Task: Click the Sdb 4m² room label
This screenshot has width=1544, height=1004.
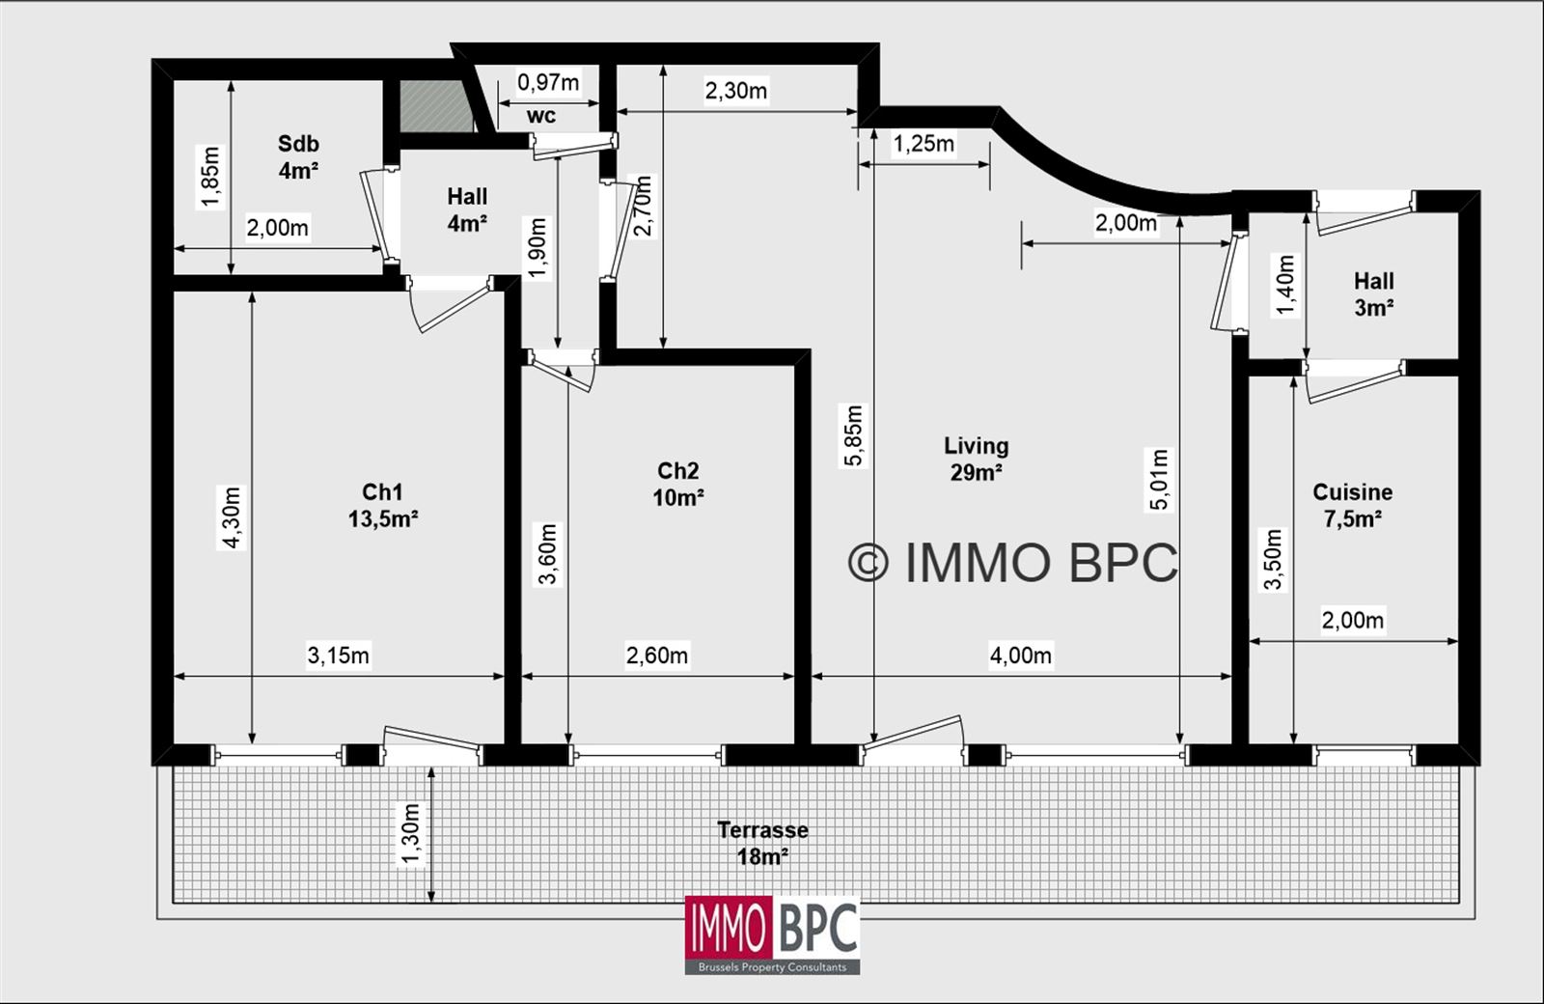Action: pos(298,157)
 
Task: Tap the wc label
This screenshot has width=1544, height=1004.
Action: pos(541,116)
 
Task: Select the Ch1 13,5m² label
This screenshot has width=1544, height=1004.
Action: pos(382,505)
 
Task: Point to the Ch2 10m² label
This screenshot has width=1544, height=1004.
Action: pos(678,484)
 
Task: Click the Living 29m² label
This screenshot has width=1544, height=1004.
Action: pos(976,459)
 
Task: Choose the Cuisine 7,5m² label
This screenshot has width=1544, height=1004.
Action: pos(1352,505)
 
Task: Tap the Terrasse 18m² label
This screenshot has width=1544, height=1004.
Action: pos(762,843)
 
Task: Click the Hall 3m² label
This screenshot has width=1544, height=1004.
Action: pos(1373,293)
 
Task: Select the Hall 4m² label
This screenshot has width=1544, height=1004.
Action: pos(467,209)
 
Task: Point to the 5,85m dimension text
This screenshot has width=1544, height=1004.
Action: pos(854,435)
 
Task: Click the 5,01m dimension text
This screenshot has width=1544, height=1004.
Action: pos(1159,479)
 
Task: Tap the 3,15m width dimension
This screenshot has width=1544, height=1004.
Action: pos(338,655)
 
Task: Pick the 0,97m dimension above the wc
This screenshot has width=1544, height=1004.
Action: pos(548,82)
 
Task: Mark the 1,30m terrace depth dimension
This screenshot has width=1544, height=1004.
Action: pos(411,834)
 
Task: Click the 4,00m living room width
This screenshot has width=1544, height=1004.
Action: pos(1020,655)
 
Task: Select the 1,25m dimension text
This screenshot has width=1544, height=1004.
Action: pos(924,144)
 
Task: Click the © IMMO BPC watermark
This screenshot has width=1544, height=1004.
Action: pos(1013,563)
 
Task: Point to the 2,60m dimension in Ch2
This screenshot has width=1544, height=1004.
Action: pos(657,655)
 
